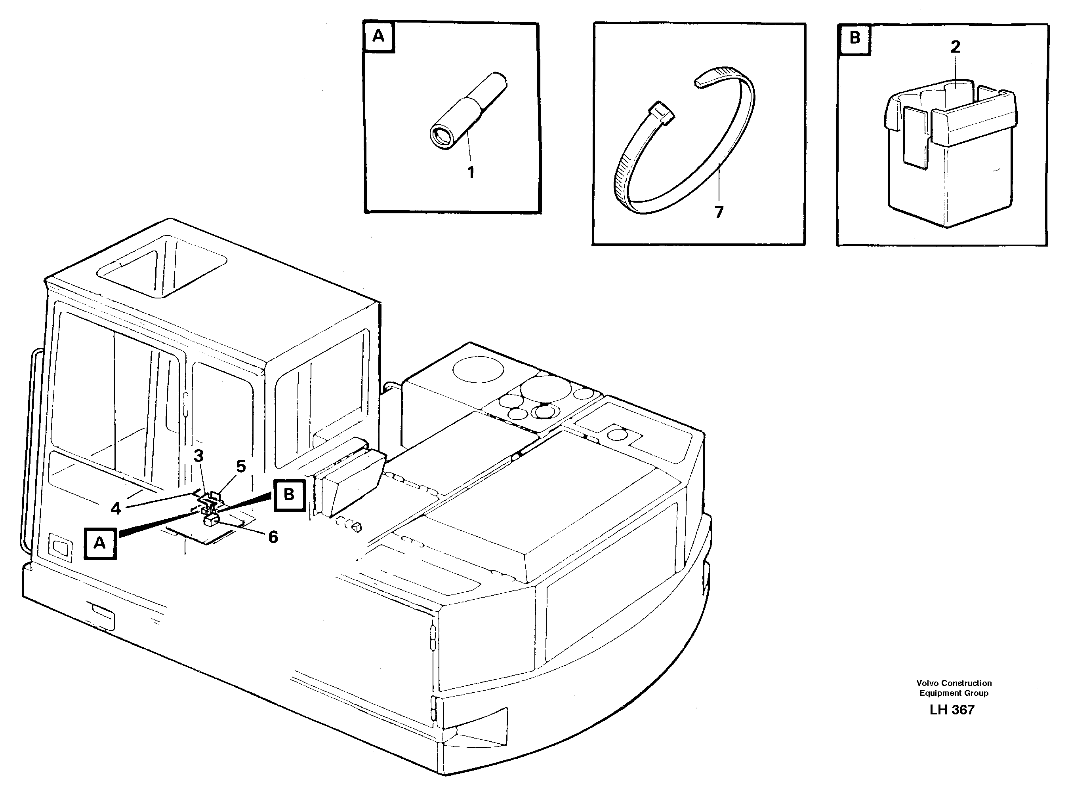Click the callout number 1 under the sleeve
[x=470, y=172]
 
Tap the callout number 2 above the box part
[x=955, y=47]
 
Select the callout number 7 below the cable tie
[x=719, y=212]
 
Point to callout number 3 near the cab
[x=198, y=456]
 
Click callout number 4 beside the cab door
[x=116, y=508]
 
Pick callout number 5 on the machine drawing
[x=241, y=466]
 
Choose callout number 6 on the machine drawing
[x=273, y=537]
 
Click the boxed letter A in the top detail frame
[x=378, y=36]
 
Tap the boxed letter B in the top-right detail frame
[x=854, y=38]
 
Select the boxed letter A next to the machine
[x=99, y=543]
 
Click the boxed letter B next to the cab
[x=289, y=494]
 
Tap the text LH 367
[x=951, y=710]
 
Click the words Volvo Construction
[x=954, y=684]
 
